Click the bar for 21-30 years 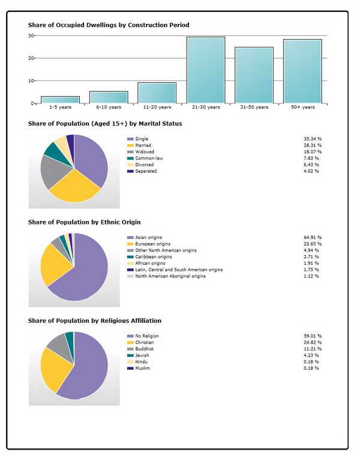pos(206,70)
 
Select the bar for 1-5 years pos(60,100)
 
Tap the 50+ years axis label pos(302,107)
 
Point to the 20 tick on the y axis pos(31,58)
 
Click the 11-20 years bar pos(157,93)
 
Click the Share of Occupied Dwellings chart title pos(109,25)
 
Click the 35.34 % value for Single pos(313,139)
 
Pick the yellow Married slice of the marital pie pos(75,187)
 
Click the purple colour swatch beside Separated pos(130,171)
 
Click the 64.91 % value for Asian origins pos(313,237)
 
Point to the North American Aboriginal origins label pos(170,276)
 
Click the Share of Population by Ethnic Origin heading pos(85,222)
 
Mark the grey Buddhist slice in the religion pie pos(59,347)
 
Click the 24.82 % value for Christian pos(313,342)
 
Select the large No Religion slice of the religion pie pos(88,370)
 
